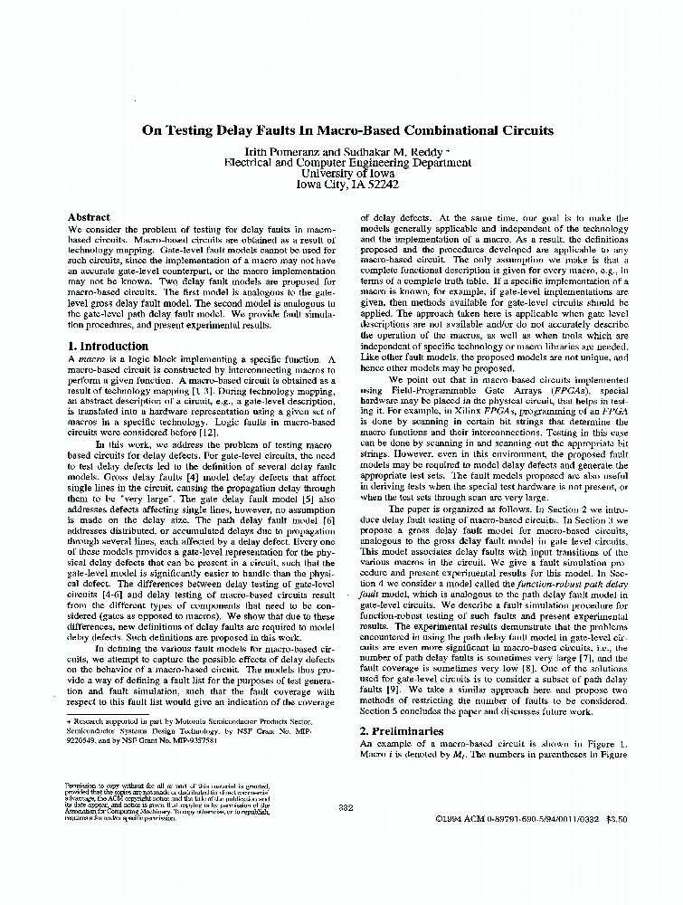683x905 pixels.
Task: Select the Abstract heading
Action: pyautogui.click(x=89, y=218)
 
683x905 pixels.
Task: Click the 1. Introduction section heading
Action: pyautogui.click(x=109, y=347)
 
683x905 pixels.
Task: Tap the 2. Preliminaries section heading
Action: pyautogui.click(x=402, y=731)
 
